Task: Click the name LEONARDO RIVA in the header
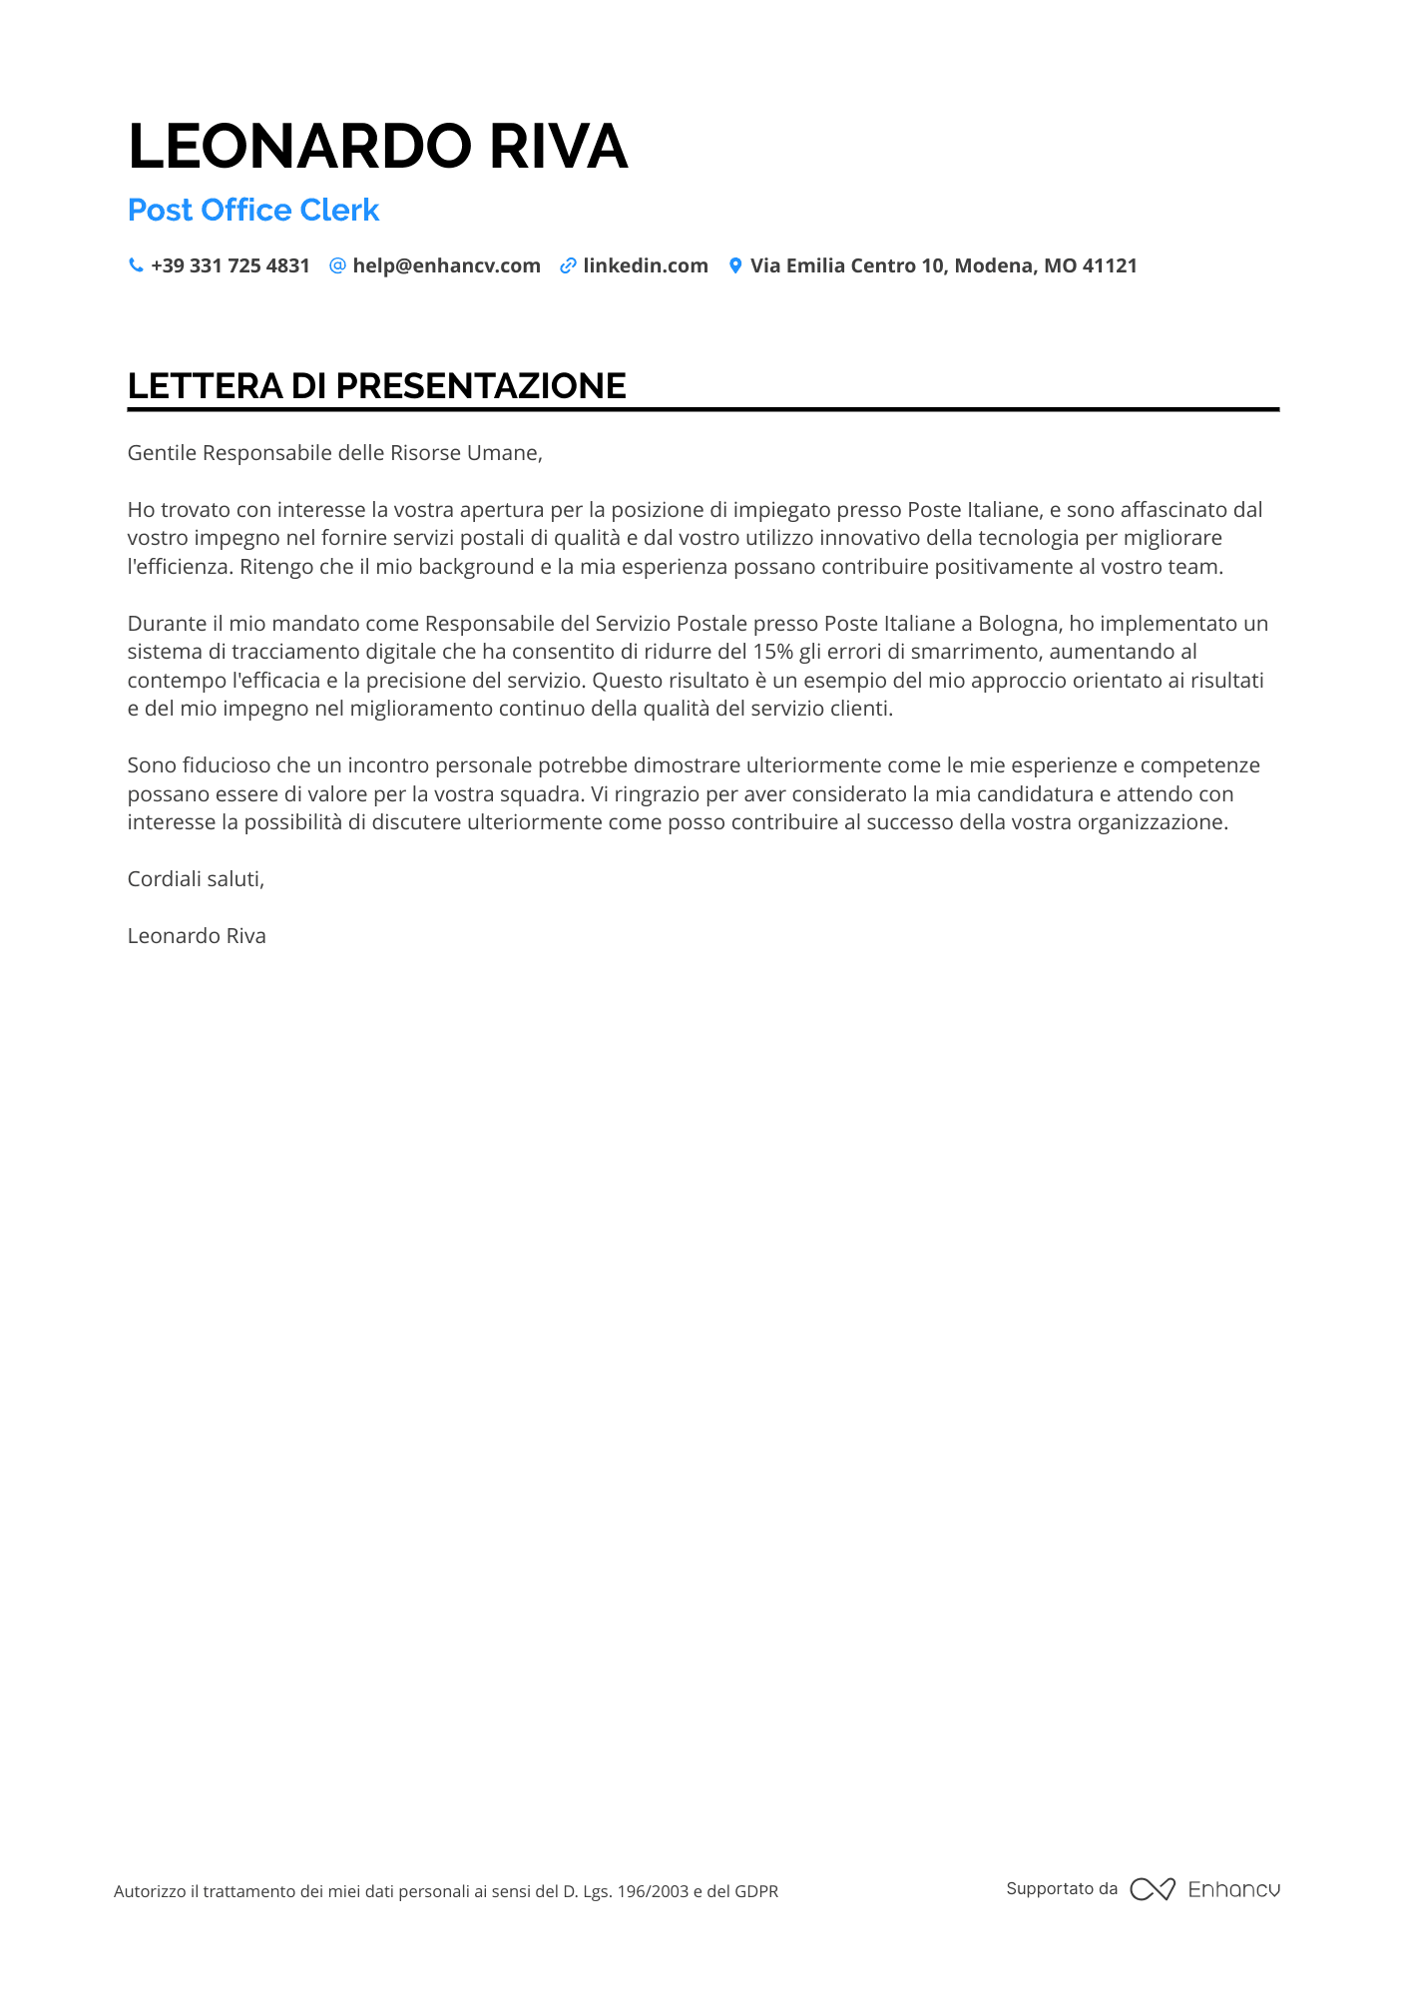[x=377, y=146]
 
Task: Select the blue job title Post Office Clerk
[x=253, y=210]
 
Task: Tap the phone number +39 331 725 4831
[x=231, y=265]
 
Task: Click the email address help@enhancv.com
[x=446, y=265]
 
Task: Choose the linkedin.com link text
[x=646, y=265]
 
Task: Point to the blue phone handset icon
[x=136, y=265]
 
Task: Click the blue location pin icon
[x=735, y=265]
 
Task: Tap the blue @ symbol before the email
[x=337, y=265]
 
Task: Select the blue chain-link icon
[x=568, y=265]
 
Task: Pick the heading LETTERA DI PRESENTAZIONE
[x=376, y=386]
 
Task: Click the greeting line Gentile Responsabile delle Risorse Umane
[x=334, y=453]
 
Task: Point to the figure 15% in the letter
[x=772, y=652]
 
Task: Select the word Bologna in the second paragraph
[x=1018, y=624]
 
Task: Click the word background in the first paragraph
[x=476, y=567]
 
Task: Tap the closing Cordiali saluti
[x=196, y=879]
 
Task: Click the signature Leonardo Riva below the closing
[x=197, y=936]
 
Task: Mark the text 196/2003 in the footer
[x=653, y=1891]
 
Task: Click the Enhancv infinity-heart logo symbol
[x=1153, y=1889]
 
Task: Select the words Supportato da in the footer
[x=1062, y=1888]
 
